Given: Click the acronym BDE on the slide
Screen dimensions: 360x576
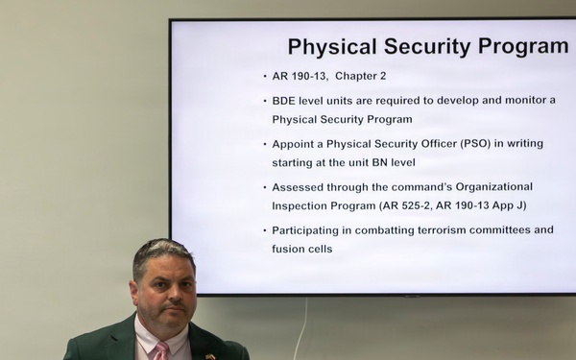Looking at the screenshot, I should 285,100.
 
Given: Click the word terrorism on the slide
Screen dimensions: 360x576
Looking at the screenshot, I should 440,230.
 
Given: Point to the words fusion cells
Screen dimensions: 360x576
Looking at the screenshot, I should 301,249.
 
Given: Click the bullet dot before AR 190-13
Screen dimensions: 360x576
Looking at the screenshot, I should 264,76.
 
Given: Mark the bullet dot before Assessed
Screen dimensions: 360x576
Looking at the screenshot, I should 264,186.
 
